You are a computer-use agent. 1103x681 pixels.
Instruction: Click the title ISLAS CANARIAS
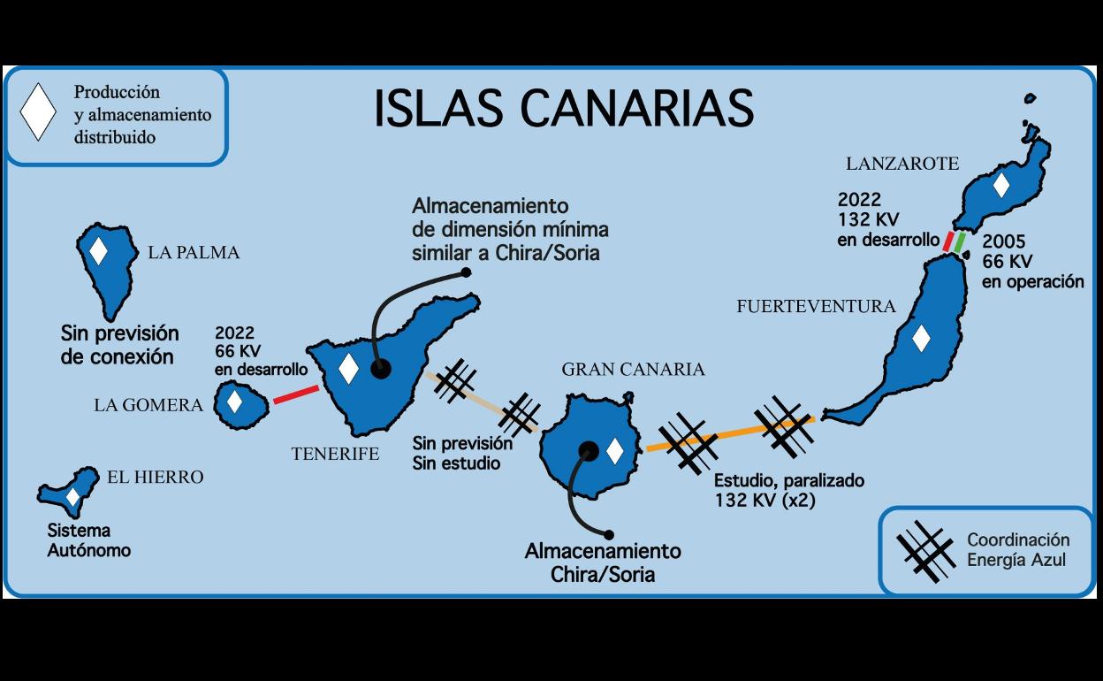click(564, 108)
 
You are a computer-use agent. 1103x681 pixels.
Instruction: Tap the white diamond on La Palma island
click(98, 251)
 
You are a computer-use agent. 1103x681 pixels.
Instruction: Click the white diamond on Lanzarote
click(1000, 185)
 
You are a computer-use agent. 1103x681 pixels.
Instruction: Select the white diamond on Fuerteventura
click(921, 339)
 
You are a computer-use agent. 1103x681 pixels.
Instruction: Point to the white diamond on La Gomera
click(234, 402)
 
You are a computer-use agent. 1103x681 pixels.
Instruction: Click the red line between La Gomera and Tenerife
click(295, 394)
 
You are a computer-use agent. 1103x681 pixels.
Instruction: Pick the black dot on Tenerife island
click(380, 370)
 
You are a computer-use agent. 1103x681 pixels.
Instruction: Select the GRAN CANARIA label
click(633, 369)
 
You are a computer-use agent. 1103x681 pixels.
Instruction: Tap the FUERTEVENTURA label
click(816, 306)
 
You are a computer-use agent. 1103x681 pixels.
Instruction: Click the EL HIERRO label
click(155, 477)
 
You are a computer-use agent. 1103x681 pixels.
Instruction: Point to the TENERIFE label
click(335, 454)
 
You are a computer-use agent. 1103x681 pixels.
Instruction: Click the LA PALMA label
click(194, 252)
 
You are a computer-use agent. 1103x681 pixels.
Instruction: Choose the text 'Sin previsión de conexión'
click(119, 345)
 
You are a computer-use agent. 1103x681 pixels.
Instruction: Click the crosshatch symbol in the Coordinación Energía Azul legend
click(925, 551)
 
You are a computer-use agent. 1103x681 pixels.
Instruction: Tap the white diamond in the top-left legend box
click(38, 112)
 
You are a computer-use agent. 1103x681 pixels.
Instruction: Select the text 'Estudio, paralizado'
click(788, 481)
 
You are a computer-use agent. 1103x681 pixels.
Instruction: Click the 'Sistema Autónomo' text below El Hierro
click(88, 540)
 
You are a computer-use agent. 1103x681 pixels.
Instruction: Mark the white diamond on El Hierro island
click(72, 497)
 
